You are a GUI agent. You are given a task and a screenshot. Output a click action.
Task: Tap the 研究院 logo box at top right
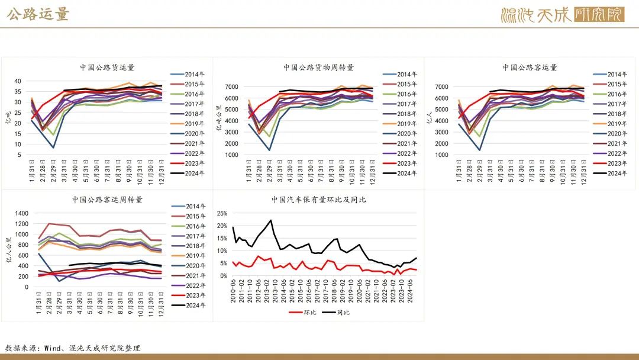click(599, 14)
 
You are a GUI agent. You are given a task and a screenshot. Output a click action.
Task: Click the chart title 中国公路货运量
click(107, 67)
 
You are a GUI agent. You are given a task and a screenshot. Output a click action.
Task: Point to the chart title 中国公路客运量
click(530, 67)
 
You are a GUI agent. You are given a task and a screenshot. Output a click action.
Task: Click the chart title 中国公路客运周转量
click(107, 200)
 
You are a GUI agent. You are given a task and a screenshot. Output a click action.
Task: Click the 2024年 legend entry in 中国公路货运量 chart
click(193, 173)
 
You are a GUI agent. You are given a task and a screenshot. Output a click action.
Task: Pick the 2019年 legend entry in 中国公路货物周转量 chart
click(405, 124)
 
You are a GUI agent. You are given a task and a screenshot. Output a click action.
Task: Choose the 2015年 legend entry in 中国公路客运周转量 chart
click(193, 217)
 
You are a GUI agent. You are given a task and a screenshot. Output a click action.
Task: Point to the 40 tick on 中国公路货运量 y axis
click(18, 82)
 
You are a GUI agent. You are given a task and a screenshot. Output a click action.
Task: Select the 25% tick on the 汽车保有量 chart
click(221, 213)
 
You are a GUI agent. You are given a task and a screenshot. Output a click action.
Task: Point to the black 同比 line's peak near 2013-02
click(270, 220)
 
